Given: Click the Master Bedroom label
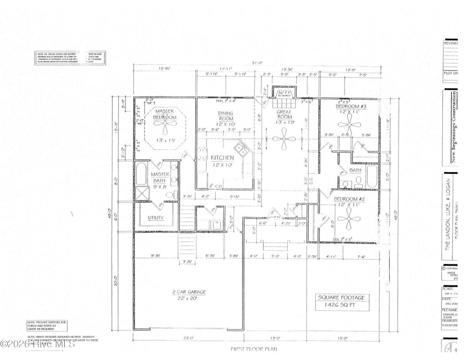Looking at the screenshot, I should [x=164, y=114].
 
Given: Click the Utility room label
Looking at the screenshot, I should [x=156, y=218].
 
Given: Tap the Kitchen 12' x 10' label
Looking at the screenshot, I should [x=222, y=161].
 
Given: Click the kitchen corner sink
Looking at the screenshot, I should [x=239, y=149].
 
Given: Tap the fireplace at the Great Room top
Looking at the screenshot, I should [x=284, y=93].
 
